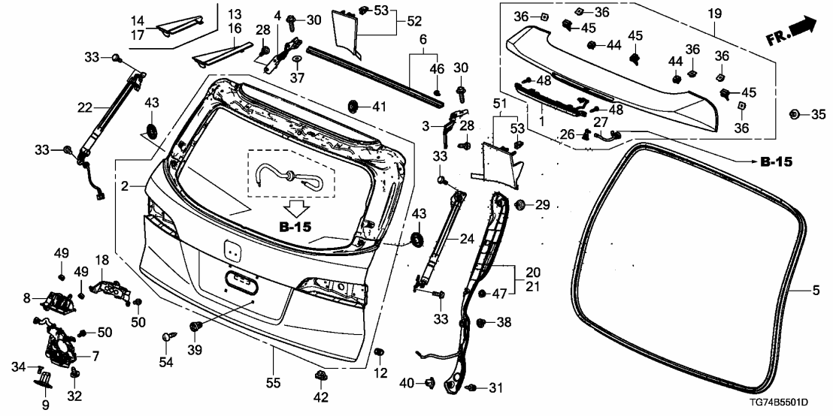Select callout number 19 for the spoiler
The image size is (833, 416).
tap(714, 13)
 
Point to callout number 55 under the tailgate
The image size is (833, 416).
tap(273, 383)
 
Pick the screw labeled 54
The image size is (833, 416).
tap(166, 339)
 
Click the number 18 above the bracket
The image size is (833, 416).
tap(101, 260)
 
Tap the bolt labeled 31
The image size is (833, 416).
tap(472, 387)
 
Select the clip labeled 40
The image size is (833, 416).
tap(431, 383)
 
